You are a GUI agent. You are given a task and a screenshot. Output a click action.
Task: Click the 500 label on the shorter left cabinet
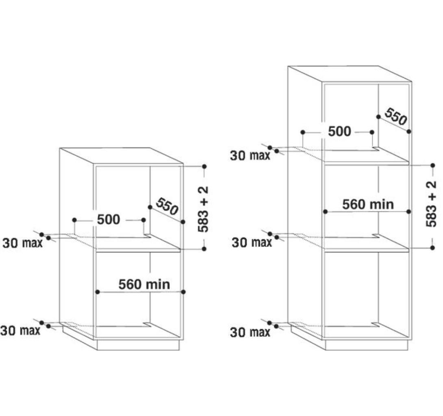tap(109, 219)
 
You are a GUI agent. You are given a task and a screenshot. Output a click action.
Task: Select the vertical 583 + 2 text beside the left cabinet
tap(203, 209)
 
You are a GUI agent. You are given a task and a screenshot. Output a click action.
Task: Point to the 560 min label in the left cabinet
tap(144, 284)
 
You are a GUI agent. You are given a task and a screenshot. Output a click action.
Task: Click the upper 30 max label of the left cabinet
tap(22, 243)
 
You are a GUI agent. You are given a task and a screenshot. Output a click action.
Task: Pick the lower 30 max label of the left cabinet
tap(20, 330)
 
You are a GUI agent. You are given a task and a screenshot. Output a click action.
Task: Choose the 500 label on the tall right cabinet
tap(340, 131)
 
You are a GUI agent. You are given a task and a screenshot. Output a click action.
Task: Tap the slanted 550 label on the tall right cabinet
tap(396, 116)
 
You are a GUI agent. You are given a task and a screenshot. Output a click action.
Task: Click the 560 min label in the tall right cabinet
tap(368, 204)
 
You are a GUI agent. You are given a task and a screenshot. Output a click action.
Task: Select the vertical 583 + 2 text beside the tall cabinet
tap(431, 204)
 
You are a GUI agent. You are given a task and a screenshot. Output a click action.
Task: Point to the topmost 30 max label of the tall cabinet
tap(250, 156)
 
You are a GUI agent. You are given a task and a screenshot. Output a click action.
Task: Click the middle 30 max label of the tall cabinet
tap(252, 242)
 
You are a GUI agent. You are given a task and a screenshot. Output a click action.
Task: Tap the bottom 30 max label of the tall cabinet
tap(250, 332)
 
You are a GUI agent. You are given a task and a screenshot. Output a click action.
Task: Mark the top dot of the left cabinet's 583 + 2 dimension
tap(204, 167)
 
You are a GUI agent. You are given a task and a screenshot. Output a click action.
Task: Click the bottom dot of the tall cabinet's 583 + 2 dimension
tap(432, 248)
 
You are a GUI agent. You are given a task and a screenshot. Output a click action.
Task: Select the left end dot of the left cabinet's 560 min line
tap(98, 292)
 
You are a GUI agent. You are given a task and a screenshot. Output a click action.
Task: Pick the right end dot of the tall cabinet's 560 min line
tap(408, 212)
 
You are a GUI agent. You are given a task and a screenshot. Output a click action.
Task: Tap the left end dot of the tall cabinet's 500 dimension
tap(303, 132)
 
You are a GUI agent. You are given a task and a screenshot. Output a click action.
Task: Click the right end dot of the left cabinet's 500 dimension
tap(143, 220)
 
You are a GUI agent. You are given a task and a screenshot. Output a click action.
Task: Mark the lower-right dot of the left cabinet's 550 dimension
tap(183, 222)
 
